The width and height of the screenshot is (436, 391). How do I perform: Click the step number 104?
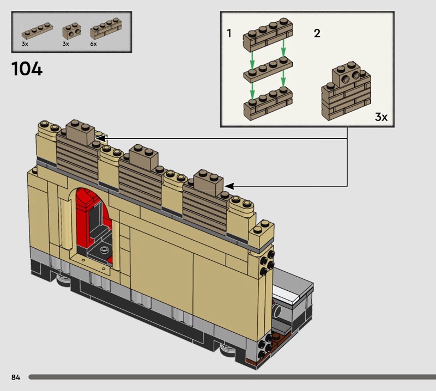[27, 69]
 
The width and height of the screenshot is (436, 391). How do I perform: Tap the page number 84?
[16, 377]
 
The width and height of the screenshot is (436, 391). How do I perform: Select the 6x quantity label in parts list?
[93, 44]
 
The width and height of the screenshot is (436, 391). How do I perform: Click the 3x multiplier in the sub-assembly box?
[381, 117]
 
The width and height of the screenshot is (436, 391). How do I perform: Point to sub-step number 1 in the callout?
[229, 33]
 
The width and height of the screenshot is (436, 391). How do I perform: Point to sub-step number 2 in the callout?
[317, 33]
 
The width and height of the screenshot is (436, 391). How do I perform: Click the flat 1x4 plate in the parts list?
[37, 31]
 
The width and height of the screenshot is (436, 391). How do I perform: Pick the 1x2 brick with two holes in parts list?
[72, 31]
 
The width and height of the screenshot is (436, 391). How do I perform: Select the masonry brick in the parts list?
[106, 29]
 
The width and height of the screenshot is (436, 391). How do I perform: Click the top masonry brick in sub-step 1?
[268, 34]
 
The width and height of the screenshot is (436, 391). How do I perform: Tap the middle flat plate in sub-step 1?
[268, 70]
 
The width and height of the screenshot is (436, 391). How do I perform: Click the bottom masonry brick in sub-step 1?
[268, 103]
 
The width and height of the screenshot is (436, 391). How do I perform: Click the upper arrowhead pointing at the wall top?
[101, 138]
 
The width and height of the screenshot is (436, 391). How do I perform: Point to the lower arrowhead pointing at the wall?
[229, 186]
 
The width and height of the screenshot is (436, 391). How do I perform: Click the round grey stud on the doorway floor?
[105, 250]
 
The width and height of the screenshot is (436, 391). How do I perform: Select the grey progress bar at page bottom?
[232, 377]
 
